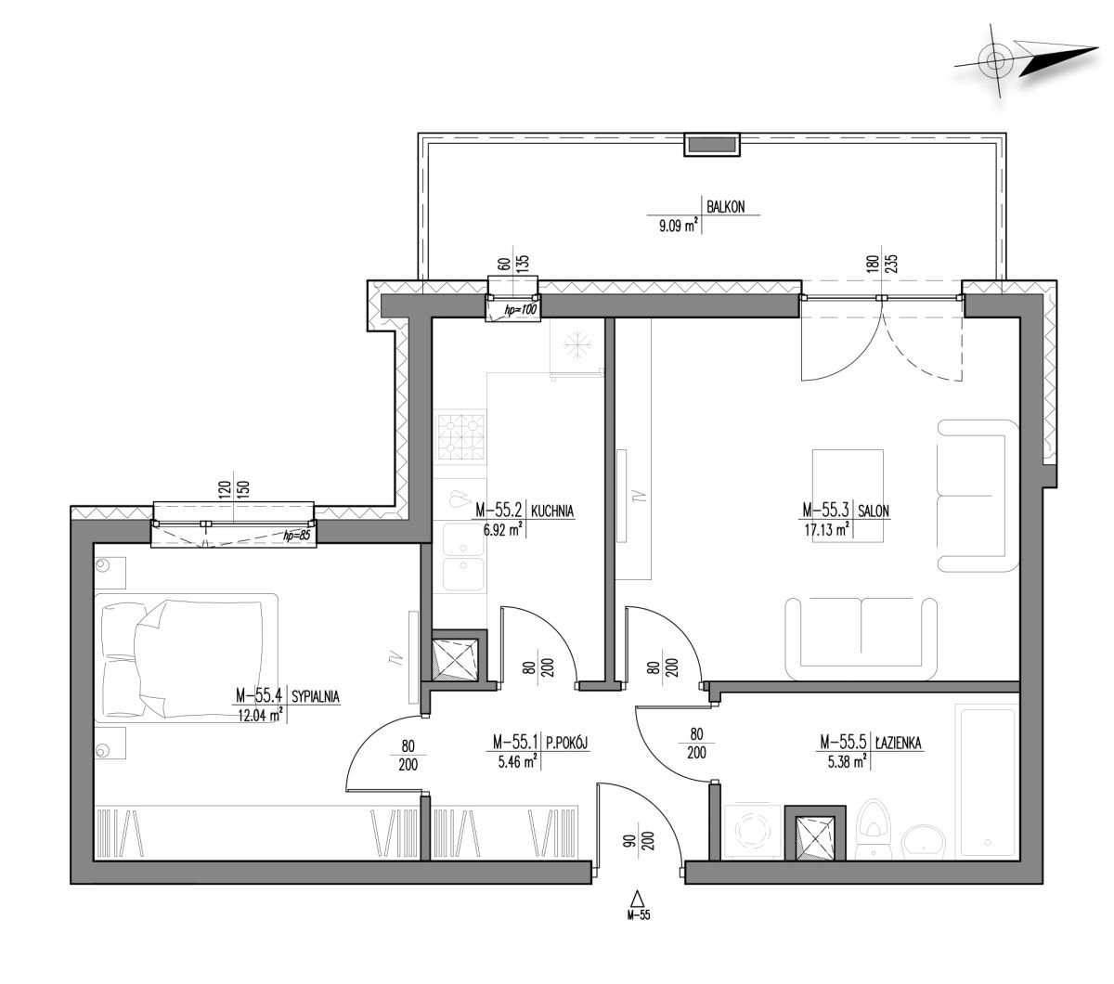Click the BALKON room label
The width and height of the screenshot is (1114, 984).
(725, 207)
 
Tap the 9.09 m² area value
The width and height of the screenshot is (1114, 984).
(679, 225)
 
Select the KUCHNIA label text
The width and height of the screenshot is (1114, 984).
(551, 511)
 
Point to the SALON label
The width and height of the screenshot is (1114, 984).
(874, 511)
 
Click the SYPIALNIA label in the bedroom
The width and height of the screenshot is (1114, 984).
(315, 697)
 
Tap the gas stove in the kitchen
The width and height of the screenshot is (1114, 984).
(460, 436)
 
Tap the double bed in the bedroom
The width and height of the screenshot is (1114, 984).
(186, 657)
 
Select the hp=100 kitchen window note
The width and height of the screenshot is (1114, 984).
(520, 310)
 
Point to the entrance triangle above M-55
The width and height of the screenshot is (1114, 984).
(637, 899)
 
